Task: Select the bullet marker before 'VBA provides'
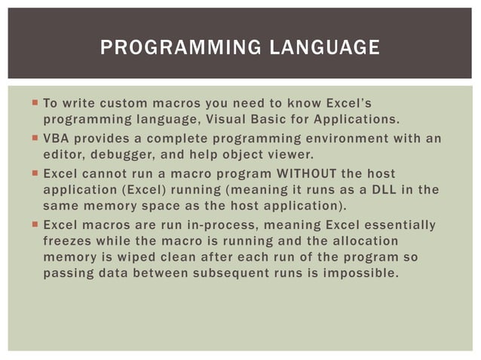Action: click(x=35, y=139)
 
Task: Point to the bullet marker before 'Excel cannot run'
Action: click(x=35, y=174)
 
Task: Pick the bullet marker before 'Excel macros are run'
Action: click(x=35, y=225)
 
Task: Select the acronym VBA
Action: click(x=57, y=139)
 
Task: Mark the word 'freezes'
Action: click(x=68, y=242)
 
